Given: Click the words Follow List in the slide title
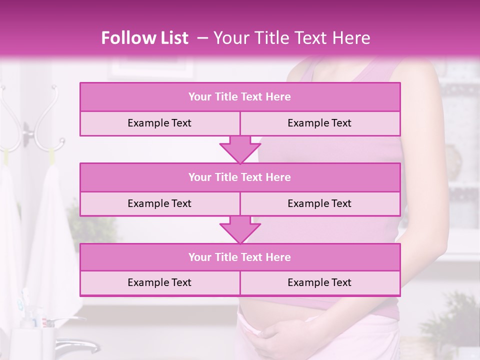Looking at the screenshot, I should pos(145,38).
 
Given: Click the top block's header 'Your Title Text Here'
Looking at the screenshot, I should pos(239,97).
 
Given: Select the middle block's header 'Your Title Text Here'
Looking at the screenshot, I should pos(239,177).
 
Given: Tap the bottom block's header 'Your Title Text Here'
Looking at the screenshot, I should pos(239,257).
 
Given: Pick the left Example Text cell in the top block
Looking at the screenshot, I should pos(159,123).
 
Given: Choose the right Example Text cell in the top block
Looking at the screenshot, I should pos(319,123).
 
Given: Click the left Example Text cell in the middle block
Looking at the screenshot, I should pos(159,203).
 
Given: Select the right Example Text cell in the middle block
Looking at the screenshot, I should pos(319,203).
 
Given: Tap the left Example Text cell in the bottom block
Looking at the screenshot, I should pos(159,282).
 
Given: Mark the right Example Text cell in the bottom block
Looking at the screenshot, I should pos(319,282).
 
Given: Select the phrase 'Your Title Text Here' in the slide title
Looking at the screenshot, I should pos(292,38).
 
